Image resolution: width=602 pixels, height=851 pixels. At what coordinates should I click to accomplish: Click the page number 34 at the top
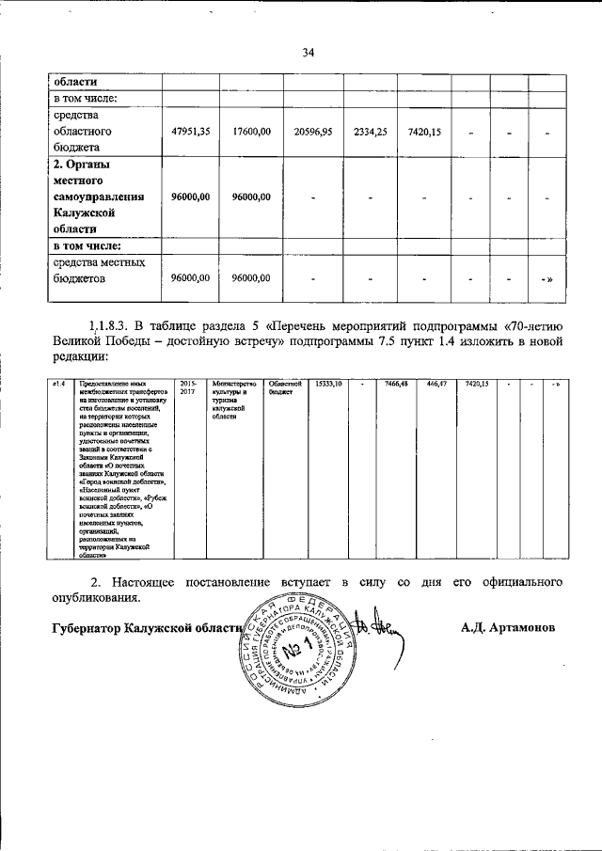[x=308, y=52]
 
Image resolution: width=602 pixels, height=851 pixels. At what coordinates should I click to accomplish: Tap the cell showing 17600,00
[x=251, y=133]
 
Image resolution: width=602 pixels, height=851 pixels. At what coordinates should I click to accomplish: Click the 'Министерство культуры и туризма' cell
[x=233, y=399]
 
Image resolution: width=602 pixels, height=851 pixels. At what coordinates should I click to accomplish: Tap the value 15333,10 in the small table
[x=327, y=384]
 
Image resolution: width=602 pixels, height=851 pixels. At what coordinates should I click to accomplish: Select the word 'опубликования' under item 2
[x=92, y=597]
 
